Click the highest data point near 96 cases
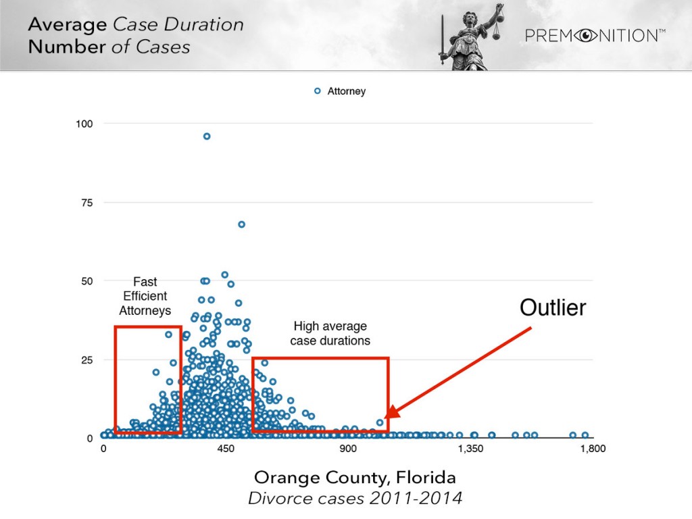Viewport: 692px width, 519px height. [207, 137]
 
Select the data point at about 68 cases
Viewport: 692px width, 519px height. [241, 224]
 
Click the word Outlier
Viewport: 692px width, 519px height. [552, 308]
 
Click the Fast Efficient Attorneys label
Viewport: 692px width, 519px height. [145, 297]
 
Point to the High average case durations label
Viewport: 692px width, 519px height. [330, 333]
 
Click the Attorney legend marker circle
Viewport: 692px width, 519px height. [318, 91]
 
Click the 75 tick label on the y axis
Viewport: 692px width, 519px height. [87, 203]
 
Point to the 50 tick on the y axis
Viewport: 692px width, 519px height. [87, 281]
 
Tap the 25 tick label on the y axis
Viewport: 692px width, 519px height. [87, 360]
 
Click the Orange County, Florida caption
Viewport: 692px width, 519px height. [355, 478]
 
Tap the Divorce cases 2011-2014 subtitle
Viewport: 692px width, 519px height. [355, 499]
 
